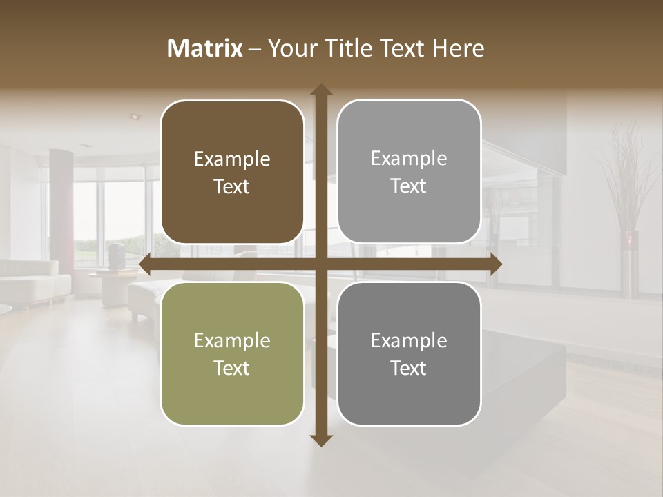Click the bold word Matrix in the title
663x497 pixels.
[x=205, y=48]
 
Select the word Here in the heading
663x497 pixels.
[x=459, y=48]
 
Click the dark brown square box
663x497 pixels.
[x=232, y=173]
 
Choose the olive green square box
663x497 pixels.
[x=232, y=353]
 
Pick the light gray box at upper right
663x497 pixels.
[x=409, y=172]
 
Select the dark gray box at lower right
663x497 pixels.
[x=409, y=353]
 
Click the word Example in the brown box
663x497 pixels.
[x=232, y=159]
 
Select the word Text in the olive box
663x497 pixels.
[x=232, y=368]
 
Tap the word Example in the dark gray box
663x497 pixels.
[x=409, y=340]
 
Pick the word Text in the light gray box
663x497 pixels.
[x=409, y=186]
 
